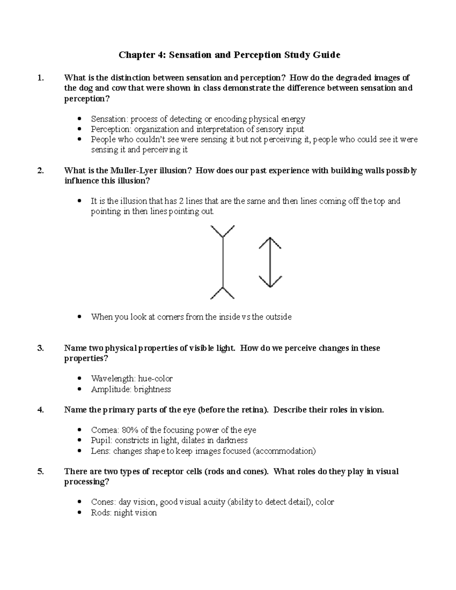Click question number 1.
[41, 78]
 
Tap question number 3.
[41, 348]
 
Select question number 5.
[41, 471]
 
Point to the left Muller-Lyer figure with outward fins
[223, 262]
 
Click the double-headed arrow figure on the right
[270, 262]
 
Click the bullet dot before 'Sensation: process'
[79, 119]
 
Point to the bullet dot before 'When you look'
[79, 316]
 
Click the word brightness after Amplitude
[152, 389]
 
